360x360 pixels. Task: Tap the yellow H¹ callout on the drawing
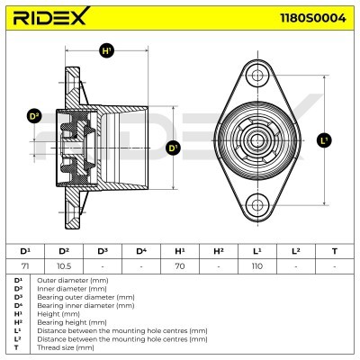click(x=108, y=52)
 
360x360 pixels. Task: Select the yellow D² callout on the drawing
click(x=35, y=116)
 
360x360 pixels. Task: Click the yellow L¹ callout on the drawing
click(x=324, y=139)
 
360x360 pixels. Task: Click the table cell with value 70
click(x=179, y=266)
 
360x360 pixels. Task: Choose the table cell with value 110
click(x=257, y=266)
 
